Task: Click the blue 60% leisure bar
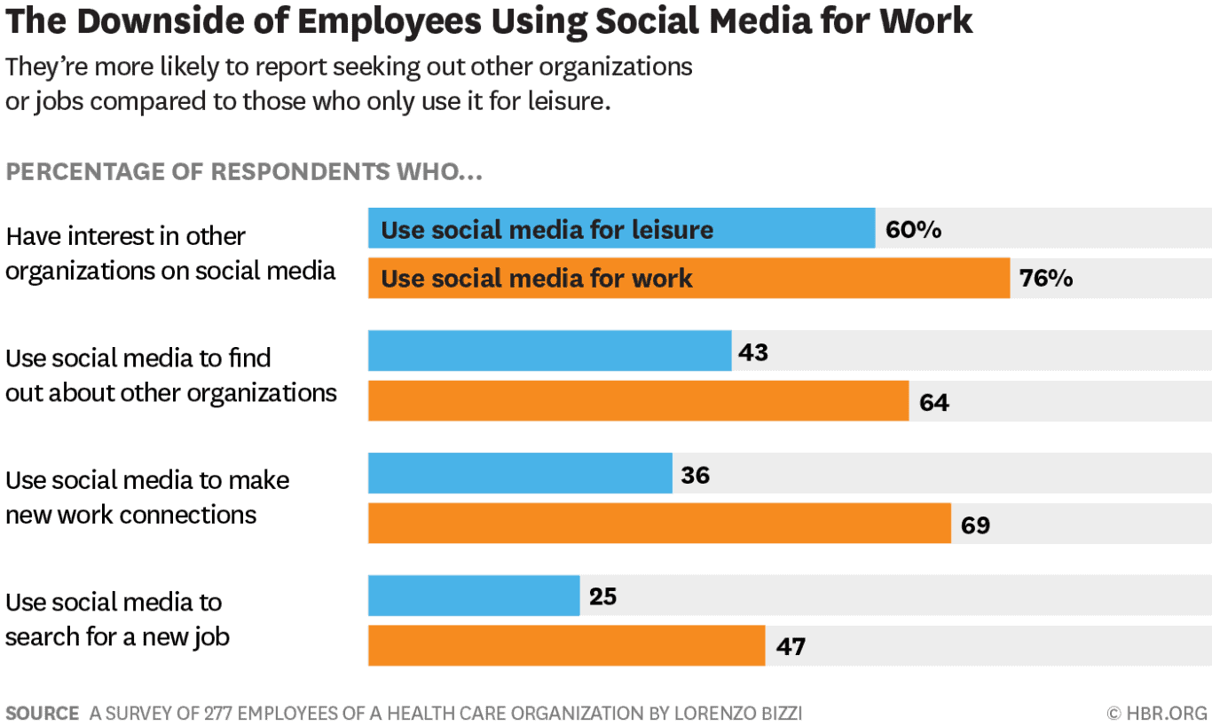click(x=621, y=228)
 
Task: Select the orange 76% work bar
click(x=689, y=278)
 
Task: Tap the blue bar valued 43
click(x=549, y=351)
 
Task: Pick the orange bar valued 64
click(x=638, y=400)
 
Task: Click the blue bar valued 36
click(x=520, y=473)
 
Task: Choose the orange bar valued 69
click(x=659, y=523)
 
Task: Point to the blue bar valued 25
click(x=474, y=596)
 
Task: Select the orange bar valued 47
click(x=566, y=645)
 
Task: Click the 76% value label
click(x=1046, y=279)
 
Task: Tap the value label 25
click(x=602, y=596)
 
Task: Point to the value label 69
click(x=975, y=525)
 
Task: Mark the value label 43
click(x=752, y=352)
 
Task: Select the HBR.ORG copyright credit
click(x=1157, y=713)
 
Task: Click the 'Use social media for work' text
click(x=537, y=279)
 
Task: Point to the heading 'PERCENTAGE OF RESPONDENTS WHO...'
click(x=244, y=171)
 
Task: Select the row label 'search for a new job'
click(x=117, y=636)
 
